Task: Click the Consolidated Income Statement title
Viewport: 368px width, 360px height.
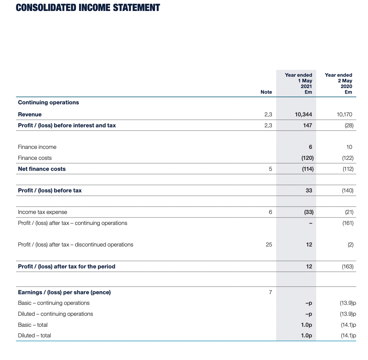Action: coord(88,8)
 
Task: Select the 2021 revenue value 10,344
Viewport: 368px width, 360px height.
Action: coord(303,114)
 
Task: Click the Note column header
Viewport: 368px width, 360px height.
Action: coord(266,92)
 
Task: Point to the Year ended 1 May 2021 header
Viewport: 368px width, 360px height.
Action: coord(299,83)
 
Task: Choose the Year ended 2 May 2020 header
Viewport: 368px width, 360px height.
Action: coord(339,83)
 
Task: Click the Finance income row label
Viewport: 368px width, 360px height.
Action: coord(37,147)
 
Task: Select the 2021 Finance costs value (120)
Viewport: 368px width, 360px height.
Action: coord(307,158)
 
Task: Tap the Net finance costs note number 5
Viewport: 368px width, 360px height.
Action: coord(270,169)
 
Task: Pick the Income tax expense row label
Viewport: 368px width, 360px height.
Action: coord(42,212)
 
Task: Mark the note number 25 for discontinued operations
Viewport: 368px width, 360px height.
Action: coord(269,245)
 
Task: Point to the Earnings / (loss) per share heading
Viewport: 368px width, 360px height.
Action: coord(64,292)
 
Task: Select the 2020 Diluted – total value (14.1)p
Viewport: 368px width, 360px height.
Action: coord(349,336)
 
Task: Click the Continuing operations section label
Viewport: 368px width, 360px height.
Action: coord(48,103)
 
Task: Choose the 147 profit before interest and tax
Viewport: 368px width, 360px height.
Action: coord(308,125)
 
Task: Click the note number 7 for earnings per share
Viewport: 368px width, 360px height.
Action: coord(270,292)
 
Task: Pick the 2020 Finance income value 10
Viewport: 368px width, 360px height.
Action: coord(350,147)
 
